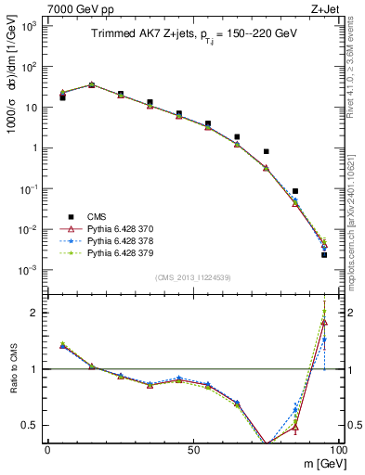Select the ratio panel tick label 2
[x=35, y=313]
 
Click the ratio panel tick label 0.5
[x=32, y=425]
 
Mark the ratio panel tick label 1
[x=35, y=369]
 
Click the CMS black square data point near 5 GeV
[x=62, y=96]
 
